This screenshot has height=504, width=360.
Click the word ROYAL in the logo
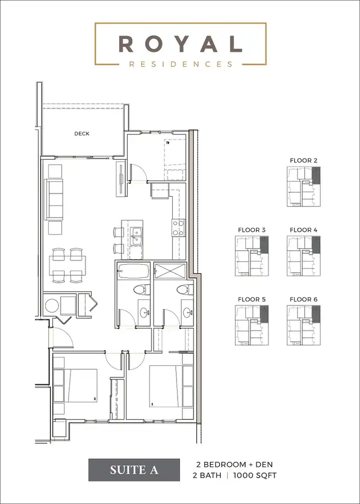pos(180,43)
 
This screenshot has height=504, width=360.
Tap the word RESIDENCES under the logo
pos(180,64)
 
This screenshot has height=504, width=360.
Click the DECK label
pos(82,134)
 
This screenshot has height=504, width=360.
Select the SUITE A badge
pos(134,469)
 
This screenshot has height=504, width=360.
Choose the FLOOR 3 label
pos(251,229)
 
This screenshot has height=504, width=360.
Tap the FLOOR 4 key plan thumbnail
pos(304,256)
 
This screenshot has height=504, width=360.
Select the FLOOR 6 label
pos(304,299)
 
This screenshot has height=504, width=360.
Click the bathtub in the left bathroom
pos(134,272)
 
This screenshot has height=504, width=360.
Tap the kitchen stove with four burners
pos(178,228)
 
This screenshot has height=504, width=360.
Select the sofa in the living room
pos(56,200)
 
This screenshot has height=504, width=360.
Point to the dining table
pos(67,264)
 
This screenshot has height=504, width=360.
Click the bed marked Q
pos(75,385)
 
